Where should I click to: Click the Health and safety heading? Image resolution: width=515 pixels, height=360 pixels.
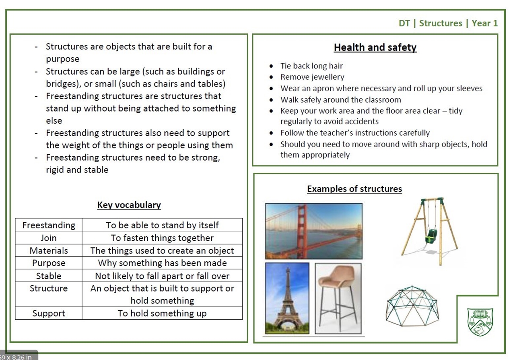coord(375,48)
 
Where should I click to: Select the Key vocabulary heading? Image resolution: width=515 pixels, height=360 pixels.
coord(129,205)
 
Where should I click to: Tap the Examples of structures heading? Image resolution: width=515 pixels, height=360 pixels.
coord(354,189)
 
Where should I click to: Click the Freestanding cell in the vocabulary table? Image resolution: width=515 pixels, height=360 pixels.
coord(49,225)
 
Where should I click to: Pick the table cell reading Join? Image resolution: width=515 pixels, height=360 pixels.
coord(49,238)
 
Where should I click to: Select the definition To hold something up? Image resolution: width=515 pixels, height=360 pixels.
coord(162,313)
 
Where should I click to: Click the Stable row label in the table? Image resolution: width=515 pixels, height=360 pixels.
coord(49,276)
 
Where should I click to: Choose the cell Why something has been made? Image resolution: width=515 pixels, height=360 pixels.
coord(162,263)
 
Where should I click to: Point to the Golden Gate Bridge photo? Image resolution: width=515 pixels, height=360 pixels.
coord(314,231)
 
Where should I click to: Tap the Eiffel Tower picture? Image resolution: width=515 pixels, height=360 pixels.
coord(287,298)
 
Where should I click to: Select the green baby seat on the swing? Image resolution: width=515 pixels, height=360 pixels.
coord(431,236)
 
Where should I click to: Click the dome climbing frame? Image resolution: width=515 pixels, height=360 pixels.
coord(412,306)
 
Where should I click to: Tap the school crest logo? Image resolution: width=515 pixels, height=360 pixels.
coord(480,322)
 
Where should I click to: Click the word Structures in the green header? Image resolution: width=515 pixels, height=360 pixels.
coord(441,23)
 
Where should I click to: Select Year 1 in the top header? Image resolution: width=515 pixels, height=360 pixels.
coord(485,23)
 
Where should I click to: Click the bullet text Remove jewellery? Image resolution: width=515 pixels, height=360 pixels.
coord(312,77)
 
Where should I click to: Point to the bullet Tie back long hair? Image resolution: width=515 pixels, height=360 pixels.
coord(311,66)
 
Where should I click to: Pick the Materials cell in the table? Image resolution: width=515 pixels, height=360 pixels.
coord(49,250)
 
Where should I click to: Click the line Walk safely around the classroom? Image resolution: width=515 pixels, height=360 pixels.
coord(341,100)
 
